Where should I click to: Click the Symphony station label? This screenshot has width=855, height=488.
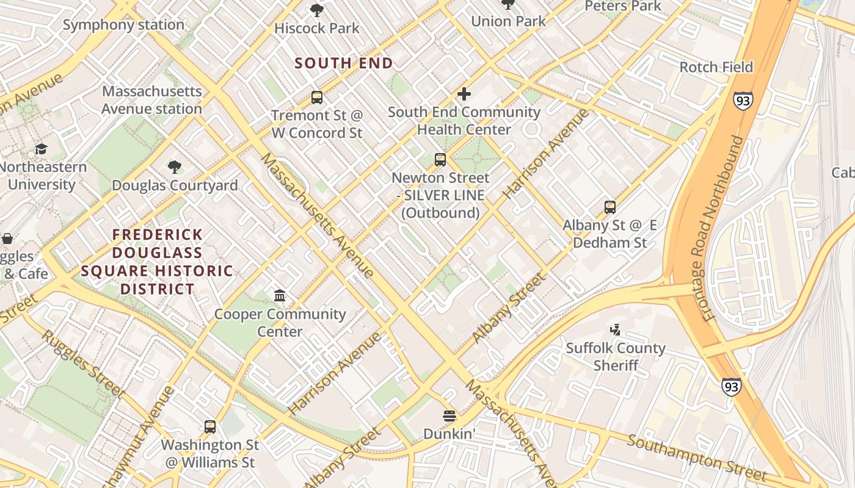pyautogui.click(x=123, y=25)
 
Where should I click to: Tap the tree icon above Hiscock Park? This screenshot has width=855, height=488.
pyautogui.click(x=316, y=10)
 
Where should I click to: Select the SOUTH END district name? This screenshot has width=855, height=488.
pyautogui.click(x=344, y=63)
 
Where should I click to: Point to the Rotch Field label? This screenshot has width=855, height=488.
pyautogui.click(x=716, y=67)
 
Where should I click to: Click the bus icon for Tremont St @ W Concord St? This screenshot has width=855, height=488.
pyautogui.click(x=316, y=97)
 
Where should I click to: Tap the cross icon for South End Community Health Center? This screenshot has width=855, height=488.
pyautogui.click(x=464, y=94)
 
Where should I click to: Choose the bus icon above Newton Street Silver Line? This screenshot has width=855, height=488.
pyautogui.click(x=440, y=160)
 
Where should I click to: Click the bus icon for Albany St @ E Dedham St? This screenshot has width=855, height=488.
pyautogui.click(x=609, y=207)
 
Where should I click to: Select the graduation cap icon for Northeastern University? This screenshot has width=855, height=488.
pyautogui.click(x=41, y=149)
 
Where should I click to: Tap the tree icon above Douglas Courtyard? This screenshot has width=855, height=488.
pyautogui.click(x=175, y=167)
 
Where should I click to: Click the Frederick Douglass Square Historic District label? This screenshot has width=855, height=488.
pyautogui.click(x=157, y=262)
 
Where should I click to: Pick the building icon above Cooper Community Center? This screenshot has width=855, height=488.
pyautogui.click(x=280, y=296)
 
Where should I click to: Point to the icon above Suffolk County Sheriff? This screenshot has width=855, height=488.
pyautogui.click(x=615, y=330)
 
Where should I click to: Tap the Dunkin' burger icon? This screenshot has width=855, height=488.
pyautogui.click(x=449, y=416)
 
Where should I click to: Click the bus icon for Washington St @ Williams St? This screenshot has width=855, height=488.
pyautogui.click(x=210, y=427)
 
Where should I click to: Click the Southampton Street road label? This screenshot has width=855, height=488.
pyautogui.click(x=696, y=457)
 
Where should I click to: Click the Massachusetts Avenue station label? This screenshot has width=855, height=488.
pyautogui.click(x=151, y=100)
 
